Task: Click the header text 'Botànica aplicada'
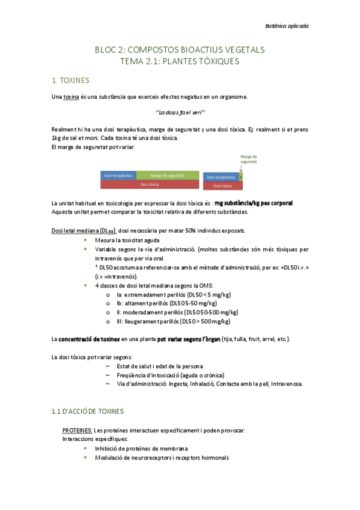coord(287,26)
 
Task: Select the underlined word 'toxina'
coord(71,96)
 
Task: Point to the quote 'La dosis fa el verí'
coord(180,112)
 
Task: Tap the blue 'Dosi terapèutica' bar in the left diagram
coord(118,175)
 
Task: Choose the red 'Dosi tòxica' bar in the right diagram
coord(222,186)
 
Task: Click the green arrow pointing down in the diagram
coord(240,170)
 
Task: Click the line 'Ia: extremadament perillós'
coord(174,295)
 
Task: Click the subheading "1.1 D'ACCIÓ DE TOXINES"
coord(87,411)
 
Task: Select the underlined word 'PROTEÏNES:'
coord(78,431)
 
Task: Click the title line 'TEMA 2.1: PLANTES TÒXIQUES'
coord(180,61)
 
